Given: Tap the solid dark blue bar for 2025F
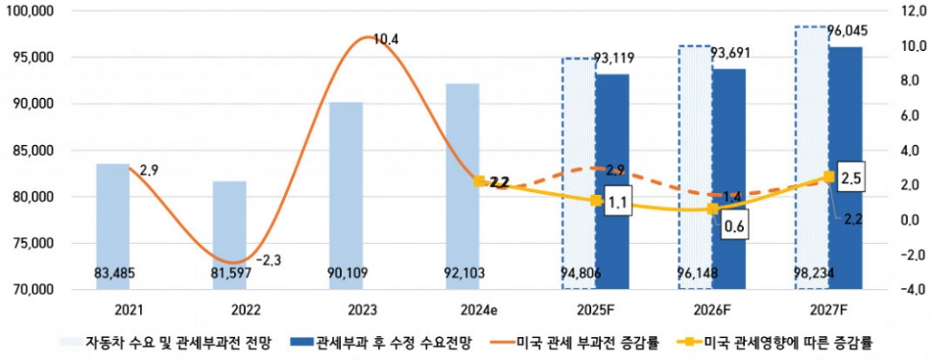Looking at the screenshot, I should tap(612, 182).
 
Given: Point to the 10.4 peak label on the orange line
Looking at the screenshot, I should tap(386, 39).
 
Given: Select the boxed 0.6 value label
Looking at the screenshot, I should tap(735, 227).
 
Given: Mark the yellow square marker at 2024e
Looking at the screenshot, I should tap(479, 180).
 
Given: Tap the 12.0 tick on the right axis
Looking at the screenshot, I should tap(907, 12).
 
